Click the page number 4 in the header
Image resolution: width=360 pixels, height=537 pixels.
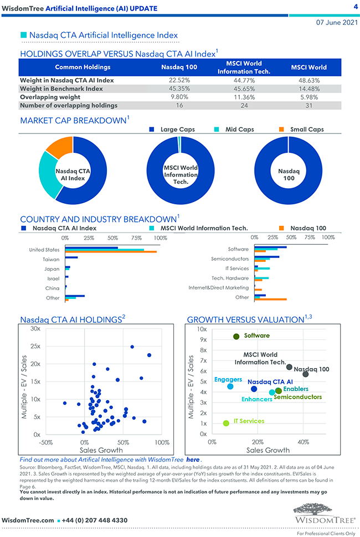coord(355,7)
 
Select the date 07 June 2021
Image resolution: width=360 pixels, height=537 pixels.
coord(337,23)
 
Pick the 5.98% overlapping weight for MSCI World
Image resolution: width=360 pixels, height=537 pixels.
coord(308,97)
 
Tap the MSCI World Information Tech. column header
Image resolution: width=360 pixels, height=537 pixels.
coord(244,67)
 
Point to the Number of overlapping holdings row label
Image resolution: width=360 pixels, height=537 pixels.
coord(69,105)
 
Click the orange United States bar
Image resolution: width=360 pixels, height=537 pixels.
coord(111,252)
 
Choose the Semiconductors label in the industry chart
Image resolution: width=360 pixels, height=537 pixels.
coord(230,259)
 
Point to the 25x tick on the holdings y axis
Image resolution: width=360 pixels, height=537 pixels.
coord(35,347)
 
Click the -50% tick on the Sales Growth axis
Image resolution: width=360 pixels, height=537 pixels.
coord(45,442)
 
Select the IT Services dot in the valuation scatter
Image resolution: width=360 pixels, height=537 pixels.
coord(226,424)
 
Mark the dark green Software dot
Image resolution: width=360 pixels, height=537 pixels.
coord(236,336)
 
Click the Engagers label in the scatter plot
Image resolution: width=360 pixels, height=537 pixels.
coord(228,379)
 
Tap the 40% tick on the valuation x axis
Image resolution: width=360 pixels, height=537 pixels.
coord(304,442)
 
